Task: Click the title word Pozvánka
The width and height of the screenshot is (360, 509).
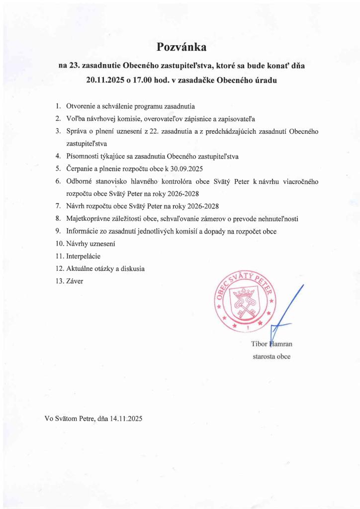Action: (181, 47)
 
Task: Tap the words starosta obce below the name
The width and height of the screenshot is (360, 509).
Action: (271, 356)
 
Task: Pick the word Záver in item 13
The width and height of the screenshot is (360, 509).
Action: (75, 281)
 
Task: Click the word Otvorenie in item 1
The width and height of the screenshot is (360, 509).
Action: (81, 106)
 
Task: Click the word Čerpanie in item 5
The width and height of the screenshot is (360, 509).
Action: (80, 169)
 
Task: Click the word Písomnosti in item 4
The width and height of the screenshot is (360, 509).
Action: (82, 156)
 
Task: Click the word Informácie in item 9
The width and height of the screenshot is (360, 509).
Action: (83, 231)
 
